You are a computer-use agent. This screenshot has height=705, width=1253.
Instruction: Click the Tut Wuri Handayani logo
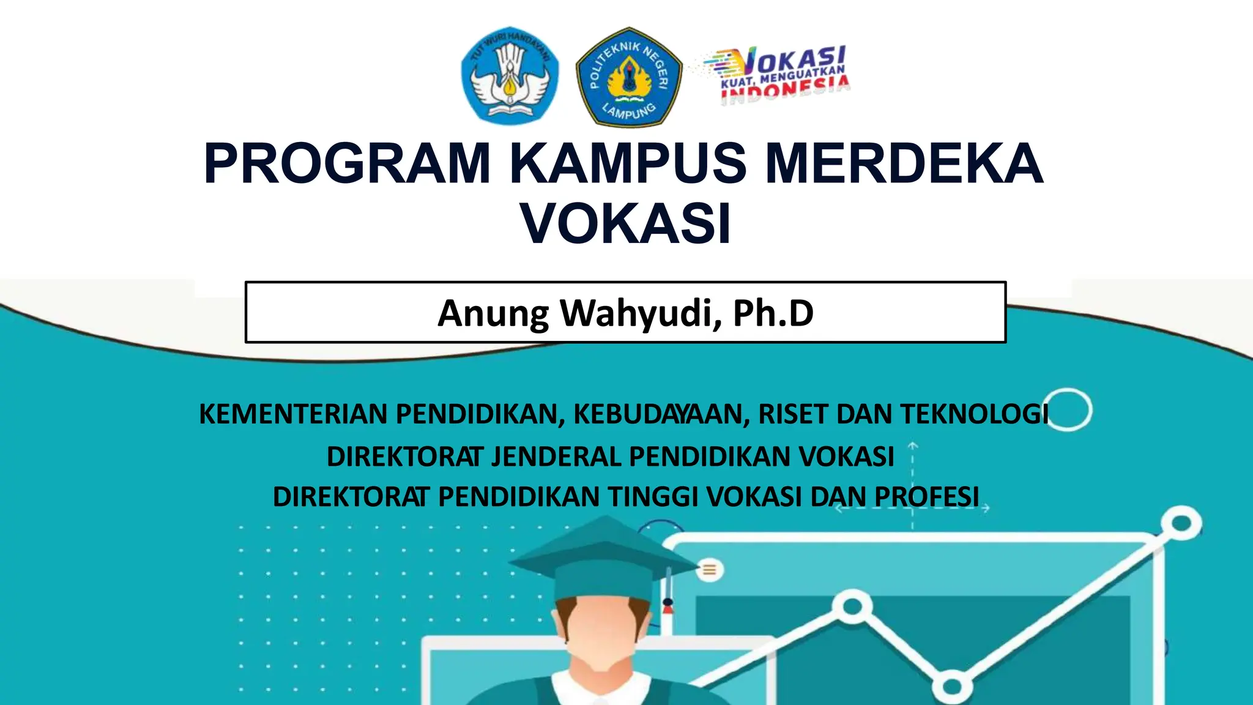tap(510, 76)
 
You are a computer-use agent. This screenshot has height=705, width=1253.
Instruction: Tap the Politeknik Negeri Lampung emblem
tap(629, 77)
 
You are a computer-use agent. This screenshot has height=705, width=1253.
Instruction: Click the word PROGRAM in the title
tap(347, 163)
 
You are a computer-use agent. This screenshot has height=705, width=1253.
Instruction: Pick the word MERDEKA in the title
tap(904, 163)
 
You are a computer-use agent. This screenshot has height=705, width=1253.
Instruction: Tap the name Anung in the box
tap(493, 313)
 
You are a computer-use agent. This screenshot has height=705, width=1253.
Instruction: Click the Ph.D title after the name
tap(773, 313)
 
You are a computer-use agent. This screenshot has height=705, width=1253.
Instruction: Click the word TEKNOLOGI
tap(974, 414)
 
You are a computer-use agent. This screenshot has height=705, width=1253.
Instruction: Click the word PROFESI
tap(926, 497)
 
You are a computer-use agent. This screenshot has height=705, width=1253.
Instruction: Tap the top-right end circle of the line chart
tap(1181, 524)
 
